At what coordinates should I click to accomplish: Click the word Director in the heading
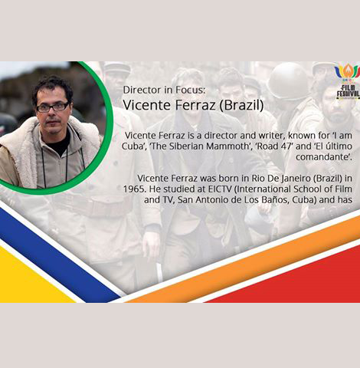[145, 90]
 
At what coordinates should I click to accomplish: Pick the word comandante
[324, 157]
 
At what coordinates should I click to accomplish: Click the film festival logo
[347, 82]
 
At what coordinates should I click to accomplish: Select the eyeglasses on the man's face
[52, 107]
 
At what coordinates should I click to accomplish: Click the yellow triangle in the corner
[28, 280]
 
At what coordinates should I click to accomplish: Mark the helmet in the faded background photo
[288, 80]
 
